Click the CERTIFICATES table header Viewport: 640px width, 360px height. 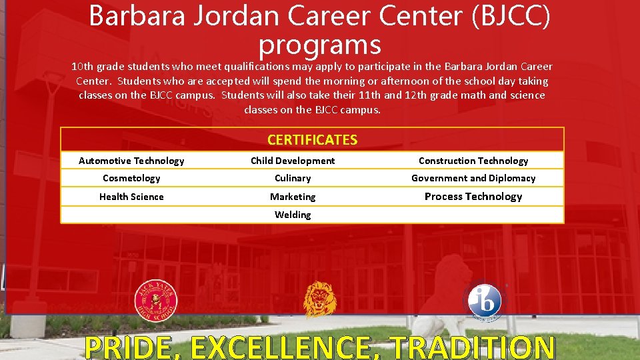(x=312, y=140)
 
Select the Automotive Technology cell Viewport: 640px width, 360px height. (x=131, y=161)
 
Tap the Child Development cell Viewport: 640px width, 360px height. (x=293, y=161)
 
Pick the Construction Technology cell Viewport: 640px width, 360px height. (x=473, y=161)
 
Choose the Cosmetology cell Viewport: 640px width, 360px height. (x=131, y=178)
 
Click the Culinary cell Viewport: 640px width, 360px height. (x=293, y=178)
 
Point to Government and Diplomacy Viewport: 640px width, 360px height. (x=473, y=178)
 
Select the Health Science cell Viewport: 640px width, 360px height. (x=131, y=197)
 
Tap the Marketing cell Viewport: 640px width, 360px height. (x=293, y=197)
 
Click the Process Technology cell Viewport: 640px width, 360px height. (x=473, y=197)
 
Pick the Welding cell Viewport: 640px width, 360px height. (x=293, y=215)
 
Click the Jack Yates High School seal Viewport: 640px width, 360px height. (x=156, y=301)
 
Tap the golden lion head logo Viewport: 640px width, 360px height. (x=320, y=299)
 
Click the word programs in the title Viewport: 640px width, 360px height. (x=319, y=45)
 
